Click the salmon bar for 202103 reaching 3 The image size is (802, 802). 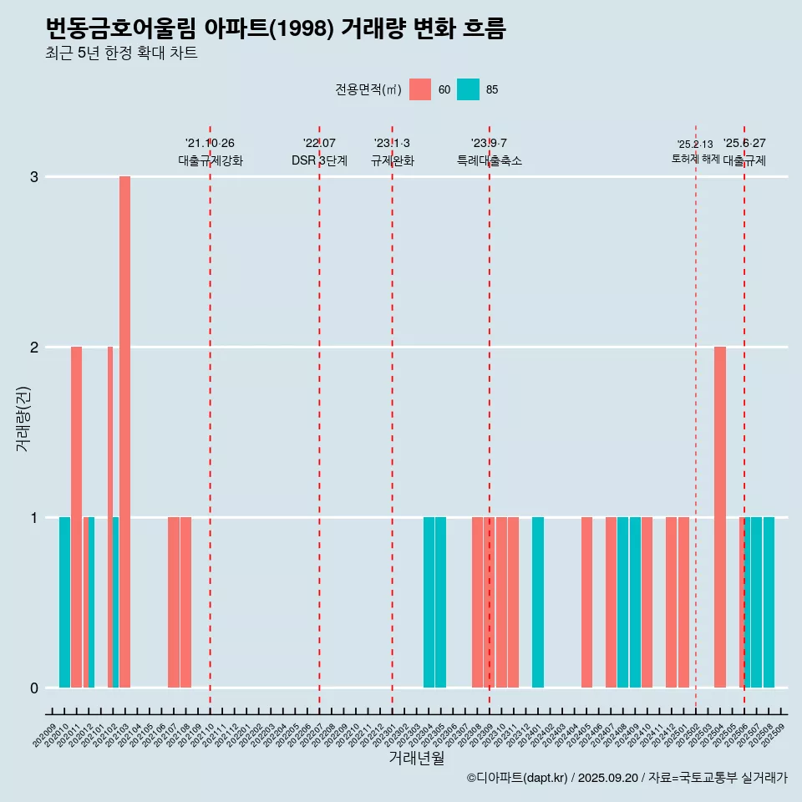click(124, 431)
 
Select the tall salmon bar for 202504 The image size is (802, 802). click(720, 516)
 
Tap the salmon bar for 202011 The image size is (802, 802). click(76, 516)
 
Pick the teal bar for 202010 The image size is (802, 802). click(64, 601)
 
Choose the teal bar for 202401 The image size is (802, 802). click(538, 601)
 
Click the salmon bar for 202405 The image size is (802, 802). click(586, 601)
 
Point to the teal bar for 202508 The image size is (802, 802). click(769, 601)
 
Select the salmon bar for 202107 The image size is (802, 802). click(174, 601)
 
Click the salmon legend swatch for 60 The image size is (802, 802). click(420, 89)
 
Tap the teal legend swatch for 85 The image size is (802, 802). click(469, 89)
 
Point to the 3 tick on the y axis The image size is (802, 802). click(34, 177)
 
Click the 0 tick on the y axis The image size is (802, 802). click(34, 688)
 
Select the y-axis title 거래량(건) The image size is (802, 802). click(23, 419)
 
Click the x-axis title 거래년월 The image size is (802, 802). click(416, 758)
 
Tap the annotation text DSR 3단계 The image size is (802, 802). click(319, 160)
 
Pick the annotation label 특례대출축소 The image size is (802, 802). click(490, 160)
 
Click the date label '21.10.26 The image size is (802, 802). click(210, 144)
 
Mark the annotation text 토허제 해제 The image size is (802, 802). click(695, 159)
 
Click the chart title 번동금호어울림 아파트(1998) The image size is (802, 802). click(275, 28)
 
